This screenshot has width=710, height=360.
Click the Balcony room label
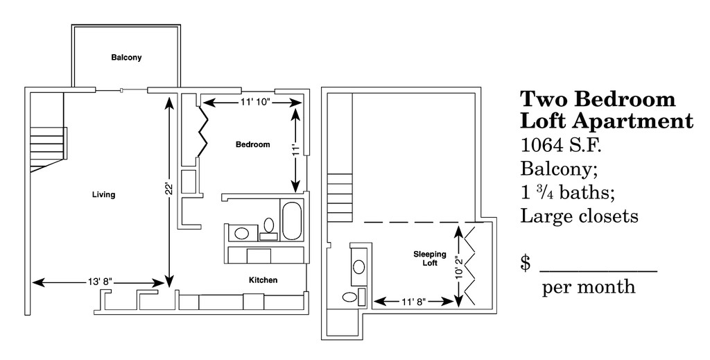126,58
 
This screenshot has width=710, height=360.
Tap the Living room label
103,195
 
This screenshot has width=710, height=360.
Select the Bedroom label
252,145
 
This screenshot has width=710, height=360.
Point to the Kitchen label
263,280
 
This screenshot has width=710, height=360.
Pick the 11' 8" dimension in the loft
414,302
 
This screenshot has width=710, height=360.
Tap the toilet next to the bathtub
269,228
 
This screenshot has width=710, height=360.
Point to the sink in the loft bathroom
358,266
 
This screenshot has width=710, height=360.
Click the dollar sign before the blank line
526,263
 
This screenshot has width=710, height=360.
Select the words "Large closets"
579,216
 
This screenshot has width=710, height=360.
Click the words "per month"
589,286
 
